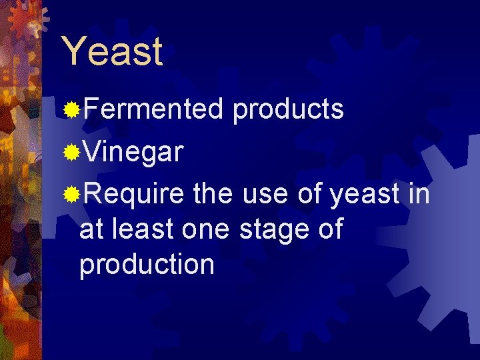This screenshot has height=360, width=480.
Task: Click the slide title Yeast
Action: tap(111, 51)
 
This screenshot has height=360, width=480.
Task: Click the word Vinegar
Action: tap(133, 152)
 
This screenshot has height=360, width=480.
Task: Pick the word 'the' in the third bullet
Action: tap(213, 195)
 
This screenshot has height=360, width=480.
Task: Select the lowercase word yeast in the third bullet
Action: tap(361, 195)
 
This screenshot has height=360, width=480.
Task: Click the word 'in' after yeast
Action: tap(419, 195)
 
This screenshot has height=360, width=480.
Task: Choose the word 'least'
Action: tap(139, 229)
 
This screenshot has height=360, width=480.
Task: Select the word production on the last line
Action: tap(147, 265)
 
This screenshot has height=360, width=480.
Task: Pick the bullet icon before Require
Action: tap(71, 195)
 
